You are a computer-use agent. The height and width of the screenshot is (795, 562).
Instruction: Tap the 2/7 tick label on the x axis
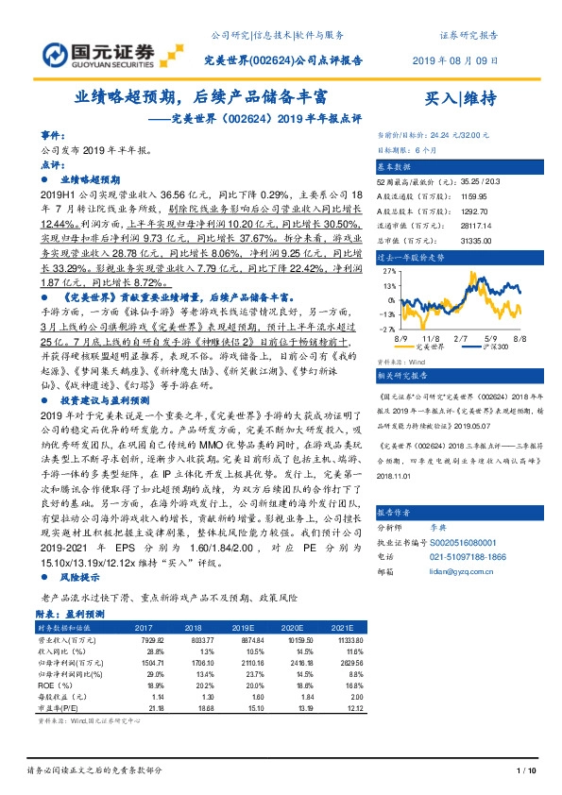click(461, 335)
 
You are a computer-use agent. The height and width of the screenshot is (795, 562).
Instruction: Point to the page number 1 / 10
click(527, 771)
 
